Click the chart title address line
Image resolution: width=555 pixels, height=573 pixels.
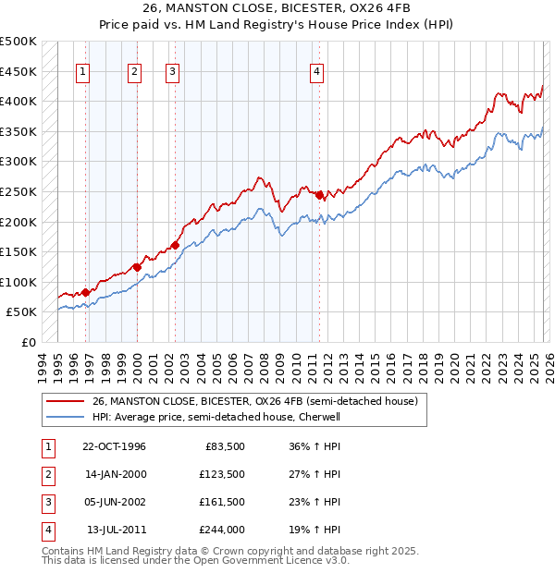(277, 10)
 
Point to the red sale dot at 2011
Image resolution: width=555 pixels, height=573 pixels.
(320, 195)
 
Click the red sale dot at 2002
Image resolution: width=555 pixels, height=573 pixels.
(175, 245)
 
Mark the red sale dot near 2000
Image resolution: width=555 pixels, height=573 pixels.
(137, 267)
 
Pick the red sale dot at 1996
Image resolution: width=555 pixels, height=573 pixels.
(86, 292)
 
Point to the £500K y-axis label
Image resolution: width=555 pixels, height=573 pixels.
(18, 42)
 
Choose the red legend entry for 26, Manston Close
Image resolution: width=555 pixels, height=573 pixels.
(255, 401)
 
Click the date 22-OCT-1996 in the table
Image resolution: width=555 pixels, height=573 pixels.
(115, 446)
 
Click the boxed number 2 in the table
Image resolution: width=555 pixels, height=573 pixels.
(47, 474)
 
